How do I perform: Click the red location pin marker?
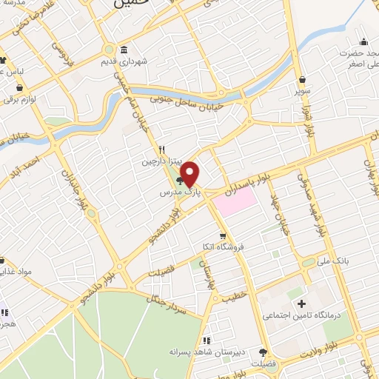(190, 174)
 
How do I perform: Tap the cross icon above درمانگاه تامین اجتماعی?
(301, 303)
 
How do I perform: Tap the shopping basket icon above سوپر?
(302, 79)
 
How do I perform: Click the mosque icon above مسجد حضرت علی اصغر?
(363, 41)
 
